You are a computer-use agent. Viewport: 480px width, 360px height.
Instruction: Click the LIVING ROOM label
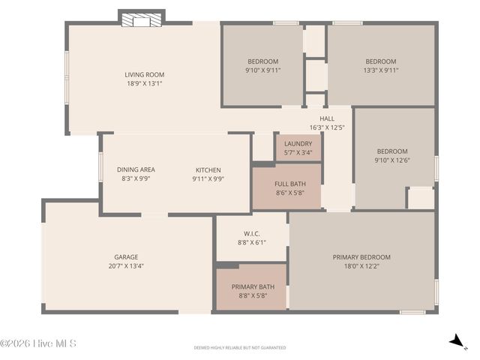[144, 74]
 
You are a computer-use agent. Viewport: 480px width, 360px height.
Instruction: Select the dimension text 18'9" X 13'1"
[144, 83]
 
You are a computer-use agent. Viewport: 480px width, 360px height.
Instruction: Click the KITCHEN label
[208, 169]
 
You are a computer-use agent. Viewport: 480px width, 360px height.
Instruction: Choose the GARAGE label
[126, 256]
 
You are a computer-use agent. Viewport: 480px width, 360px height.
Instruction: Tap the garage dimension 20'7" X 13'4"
[126, 265]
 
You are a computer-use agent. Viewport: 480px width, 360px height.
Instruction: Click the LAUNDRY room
[298, 147]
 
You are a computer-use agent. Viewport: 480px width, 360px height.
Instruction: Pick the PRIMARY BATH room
[251, 286]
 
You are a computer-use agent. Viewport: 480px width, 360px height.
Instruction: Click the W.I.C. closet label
[251, 233]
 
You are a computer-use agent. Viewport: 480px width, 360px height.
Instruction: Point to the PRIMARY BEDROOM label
[361, 257]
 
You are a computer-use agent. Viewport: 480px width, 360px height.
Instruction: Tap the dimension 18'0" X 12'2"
[361, 266]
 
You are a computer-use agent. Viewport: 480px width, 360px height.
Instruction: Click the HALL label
[327, 118]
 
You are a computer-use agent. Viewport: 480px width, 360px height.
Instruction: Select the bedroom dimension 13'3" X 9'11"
[380, 70]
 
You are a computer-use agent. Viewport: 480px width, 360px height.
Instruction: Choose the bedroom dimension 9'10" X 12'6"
[392, 160]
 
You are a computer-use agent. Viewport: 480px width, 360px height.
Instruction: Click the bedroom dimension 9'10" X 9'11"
[262, 70]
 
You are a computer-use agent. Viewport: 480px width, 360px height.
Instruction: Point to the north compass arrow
[455, 341]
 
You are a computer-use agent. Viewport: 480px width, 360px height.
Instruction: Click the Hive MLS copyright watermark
[38, 343]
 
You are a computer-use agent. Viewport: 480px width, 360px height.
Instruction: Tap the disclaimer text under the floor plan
[240, 348]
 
